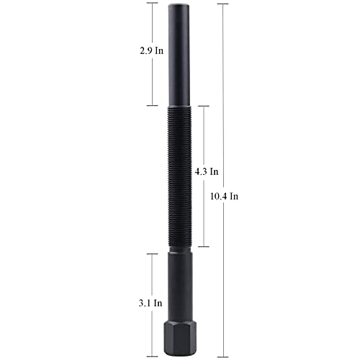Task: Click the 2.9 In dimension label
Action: point(152,51)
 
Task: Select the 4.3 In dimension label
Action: point(207,171)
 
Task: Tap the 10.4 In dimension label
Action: point(225,197)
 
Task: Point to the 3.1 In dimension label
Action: point(150,303)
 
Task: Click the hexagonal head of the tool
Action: point(180,339)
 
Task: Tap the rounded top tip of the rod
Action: point(178,6)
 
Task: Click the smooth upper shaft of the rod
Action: point(179,56)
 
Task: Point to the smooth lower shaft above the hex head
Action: point(180,287)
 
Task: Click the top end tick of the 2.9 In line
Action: point(152,3)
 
